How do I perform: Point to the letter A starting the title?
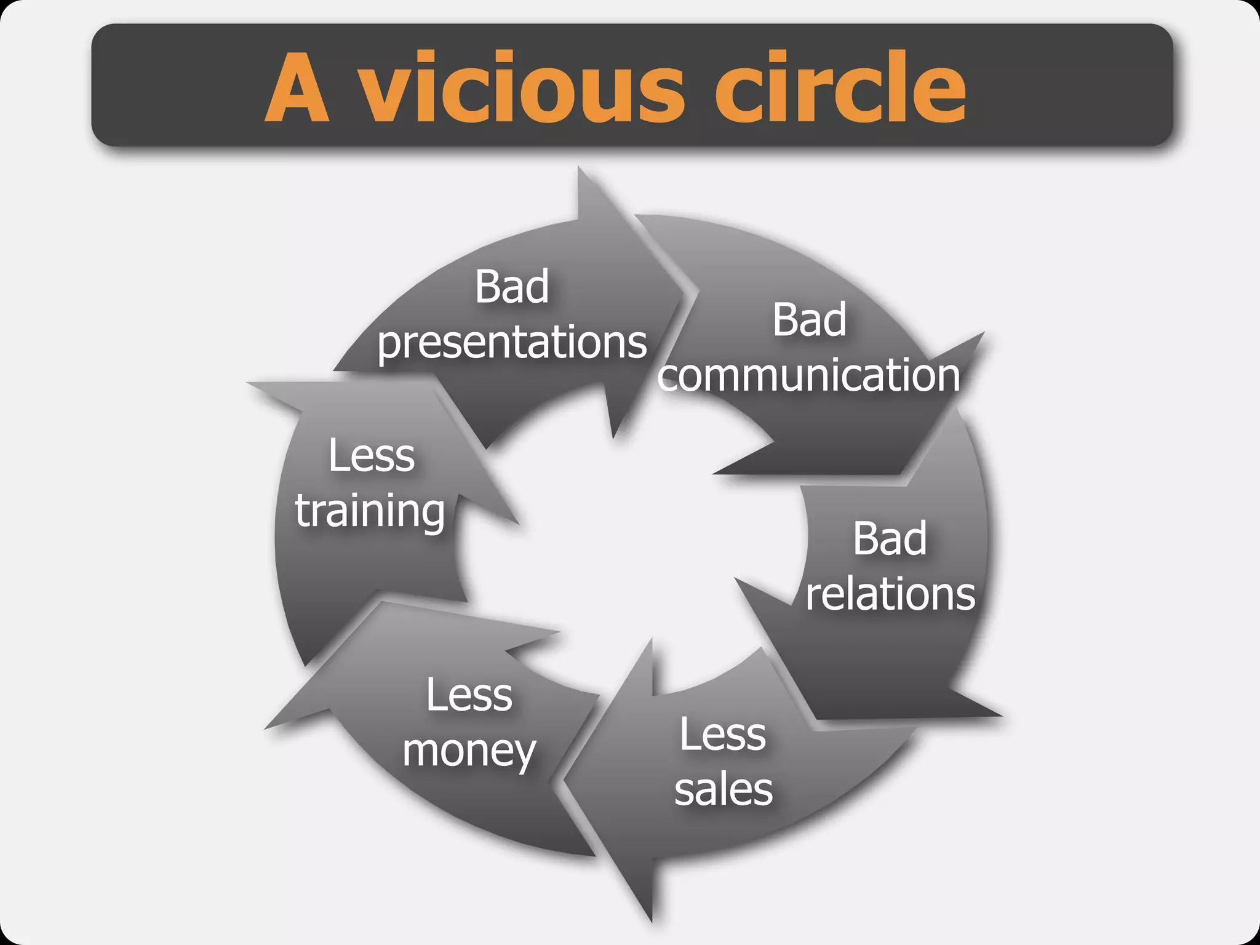tap(297, 89)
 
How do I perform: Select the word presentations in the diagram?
tap(512, 343)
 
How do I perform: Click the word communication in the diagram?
tap(810, 375)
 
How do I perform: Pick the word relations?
tap(890, 594)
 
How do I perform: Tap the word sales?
tap(724, 790)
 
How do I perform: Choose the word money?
tap(469, 752)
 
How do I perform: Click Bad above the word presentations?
tap(512, 287)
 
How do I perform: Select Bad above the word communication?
tap(810, 321)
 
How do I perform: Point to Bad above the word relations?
tap(890, 539)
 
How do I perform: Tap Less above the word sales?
tap(723, 735)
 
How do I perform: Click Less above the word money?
tap(469, 695)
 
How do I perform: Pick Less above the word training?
tap(372, 456)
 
